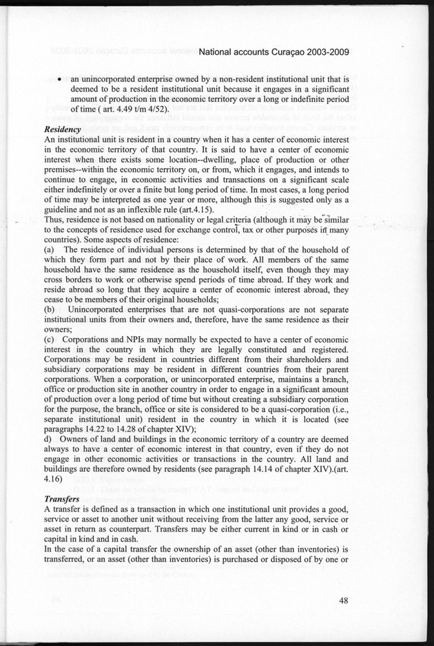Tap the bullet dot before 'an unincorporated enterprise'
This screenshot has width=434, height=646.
tap(62, 79)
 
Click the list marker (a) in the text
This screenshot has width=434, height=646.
tap(49, 248)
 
